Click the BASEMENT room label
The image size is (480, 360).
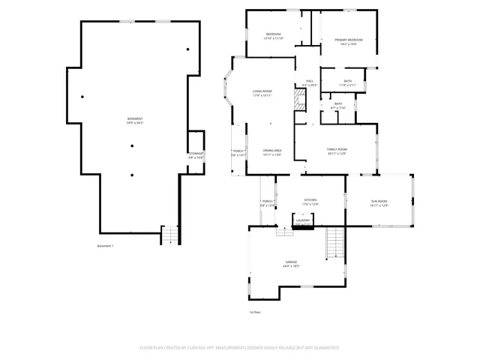pyautogui.click(x=134, y=121)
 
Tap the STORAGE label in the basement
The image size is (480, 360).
pyautogui.click(x=196, y=155)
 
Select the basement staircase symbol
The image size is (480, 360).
pyautogui.click(x=170, y=235)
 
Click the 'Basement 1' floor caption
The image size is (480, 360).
pyautogui.click(x=106, y=247)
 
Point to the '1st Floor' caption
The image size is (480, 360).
pyautogui.click(x=255, y=311)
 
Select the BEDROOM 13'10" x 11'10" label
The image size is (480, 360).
pyautogui.click(x=273, y=37)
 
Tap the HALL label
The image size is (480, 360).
pyautogui.click(x=310, y=83)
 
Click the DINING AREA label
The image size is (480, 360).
pyautogui.click(x=272, y=152)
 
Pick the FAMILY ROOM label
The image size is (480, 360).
pyautogui.click(x=337, y=151)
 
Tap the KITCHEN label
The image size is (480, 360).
pyautogui.click(x=310, y=202)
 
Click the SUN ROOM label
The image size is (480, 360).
pyautogui.click(x=379, y=202)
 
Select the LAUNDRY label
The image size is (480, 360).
pyautogui.click(x=301, y=221)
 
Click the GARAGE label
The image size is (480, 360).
pyautogui.click(x=291, y=264)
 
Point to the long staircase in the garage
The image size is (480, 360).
pyautogui.click(x=334, y=244)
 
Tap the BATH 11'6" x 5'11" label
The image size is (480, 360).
pyautogui.click(x=347, y=82)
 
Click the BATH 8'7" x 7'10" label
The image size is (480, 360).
pyautogui.click(x=338, y=106)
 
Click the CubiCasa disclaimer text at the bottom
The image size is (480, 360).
pyautogui.click(x=240, y=348)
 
